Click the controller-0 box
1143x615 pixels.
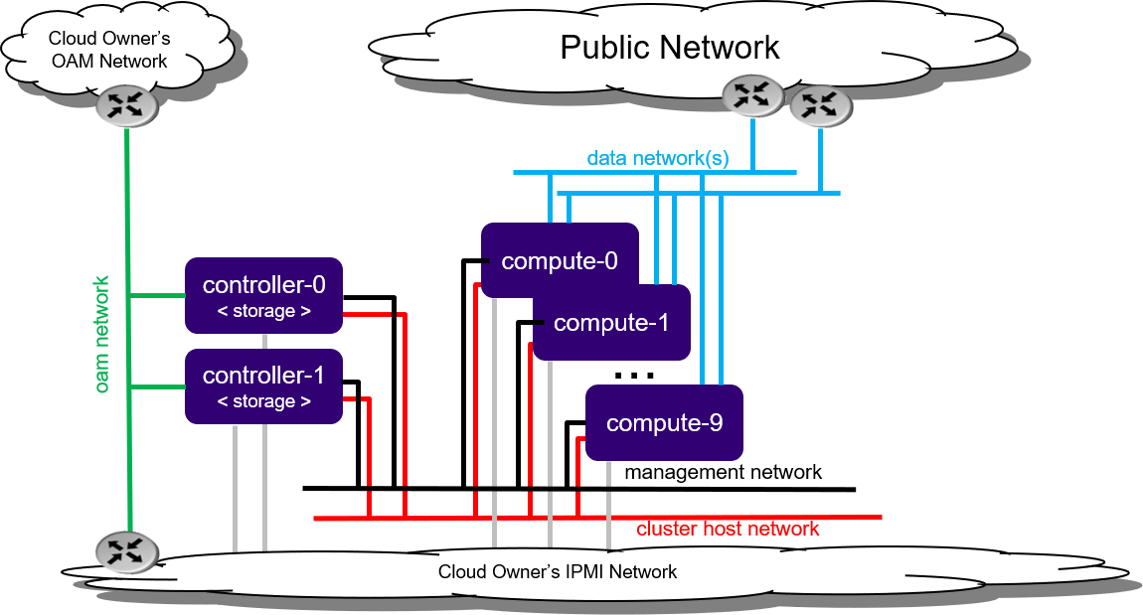point(263,294)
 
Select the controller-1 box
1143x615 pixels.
point(263,385)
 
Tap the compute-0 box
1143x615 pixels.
point(560,260)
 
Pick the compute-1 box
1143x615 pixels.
point(611,323)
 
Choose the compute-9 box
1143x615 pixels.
point(664,423)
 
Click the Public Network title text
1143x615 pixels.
point(670,48)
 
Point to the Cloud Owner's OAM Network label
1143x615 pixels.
point(109,50)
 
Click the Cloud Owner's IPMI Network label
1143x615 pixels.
point(558,572)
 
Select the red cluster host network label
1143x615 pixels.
point(728,530)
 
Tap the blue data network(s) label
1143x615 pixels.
point(658,158)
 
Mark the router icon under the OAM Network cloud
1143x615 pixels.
point(127,106)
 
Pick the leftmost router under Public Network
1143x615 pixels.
point(751,95)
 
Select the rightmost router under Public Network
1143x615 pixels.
point(820,105)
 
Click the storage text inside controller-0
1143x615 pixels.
point(263,311)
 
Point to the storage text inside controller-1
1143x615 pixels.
point(263,401)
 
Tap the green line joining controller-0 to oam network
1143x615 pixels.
point(157,295)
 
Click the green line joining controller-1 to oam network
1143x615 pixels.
point(157,386)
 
